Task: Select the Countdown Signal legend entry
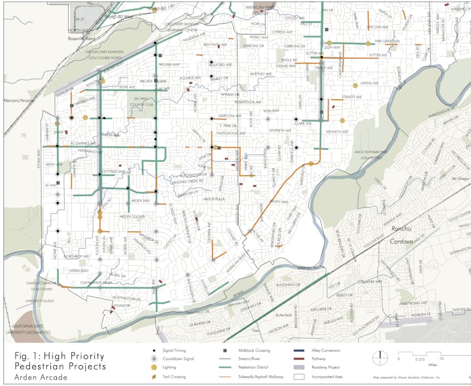(176, 359)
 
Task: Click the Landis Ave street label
(370, 84)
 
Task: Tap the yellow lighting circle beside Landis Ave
(355, 85)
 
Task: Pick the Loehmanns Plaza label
(90, 283)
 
